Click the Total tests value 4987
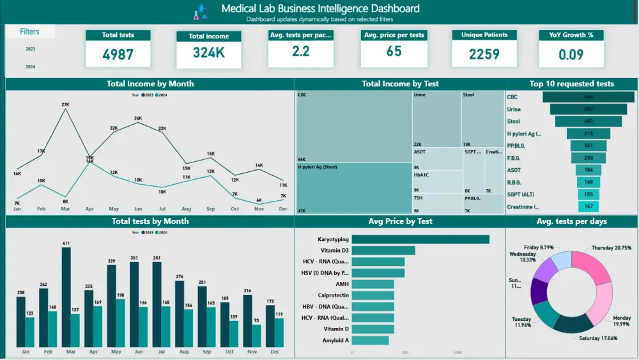[x=118, y=54]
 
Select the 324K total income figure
[x=208, y=53]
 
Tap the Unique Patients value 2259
[x=484, y=54]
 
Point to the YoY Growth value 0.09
[x=571, y=54]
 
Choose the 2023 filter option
[x=30, y=49]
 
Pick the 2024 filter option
[x=30, y=67]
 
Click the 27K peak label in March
[x=65, y=104]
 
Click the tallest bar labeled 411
[x=66, y=297]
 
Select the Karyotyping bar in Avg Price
[x=420, y=239]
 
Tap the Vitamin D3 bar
[x=383, y=251]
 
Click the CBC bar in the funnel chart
[x=588, y=97]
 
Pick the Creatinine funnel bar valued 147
[x=588, y=207]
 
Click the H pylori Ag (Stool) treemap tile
[x=353, y=189]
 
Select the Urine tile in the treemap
[x=436, y=118]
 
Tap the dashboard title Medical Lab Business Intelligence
[x=320, y=8]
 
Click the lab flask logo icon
[x=201, y=11]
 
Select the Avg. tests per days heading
[x=571, y=221]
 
